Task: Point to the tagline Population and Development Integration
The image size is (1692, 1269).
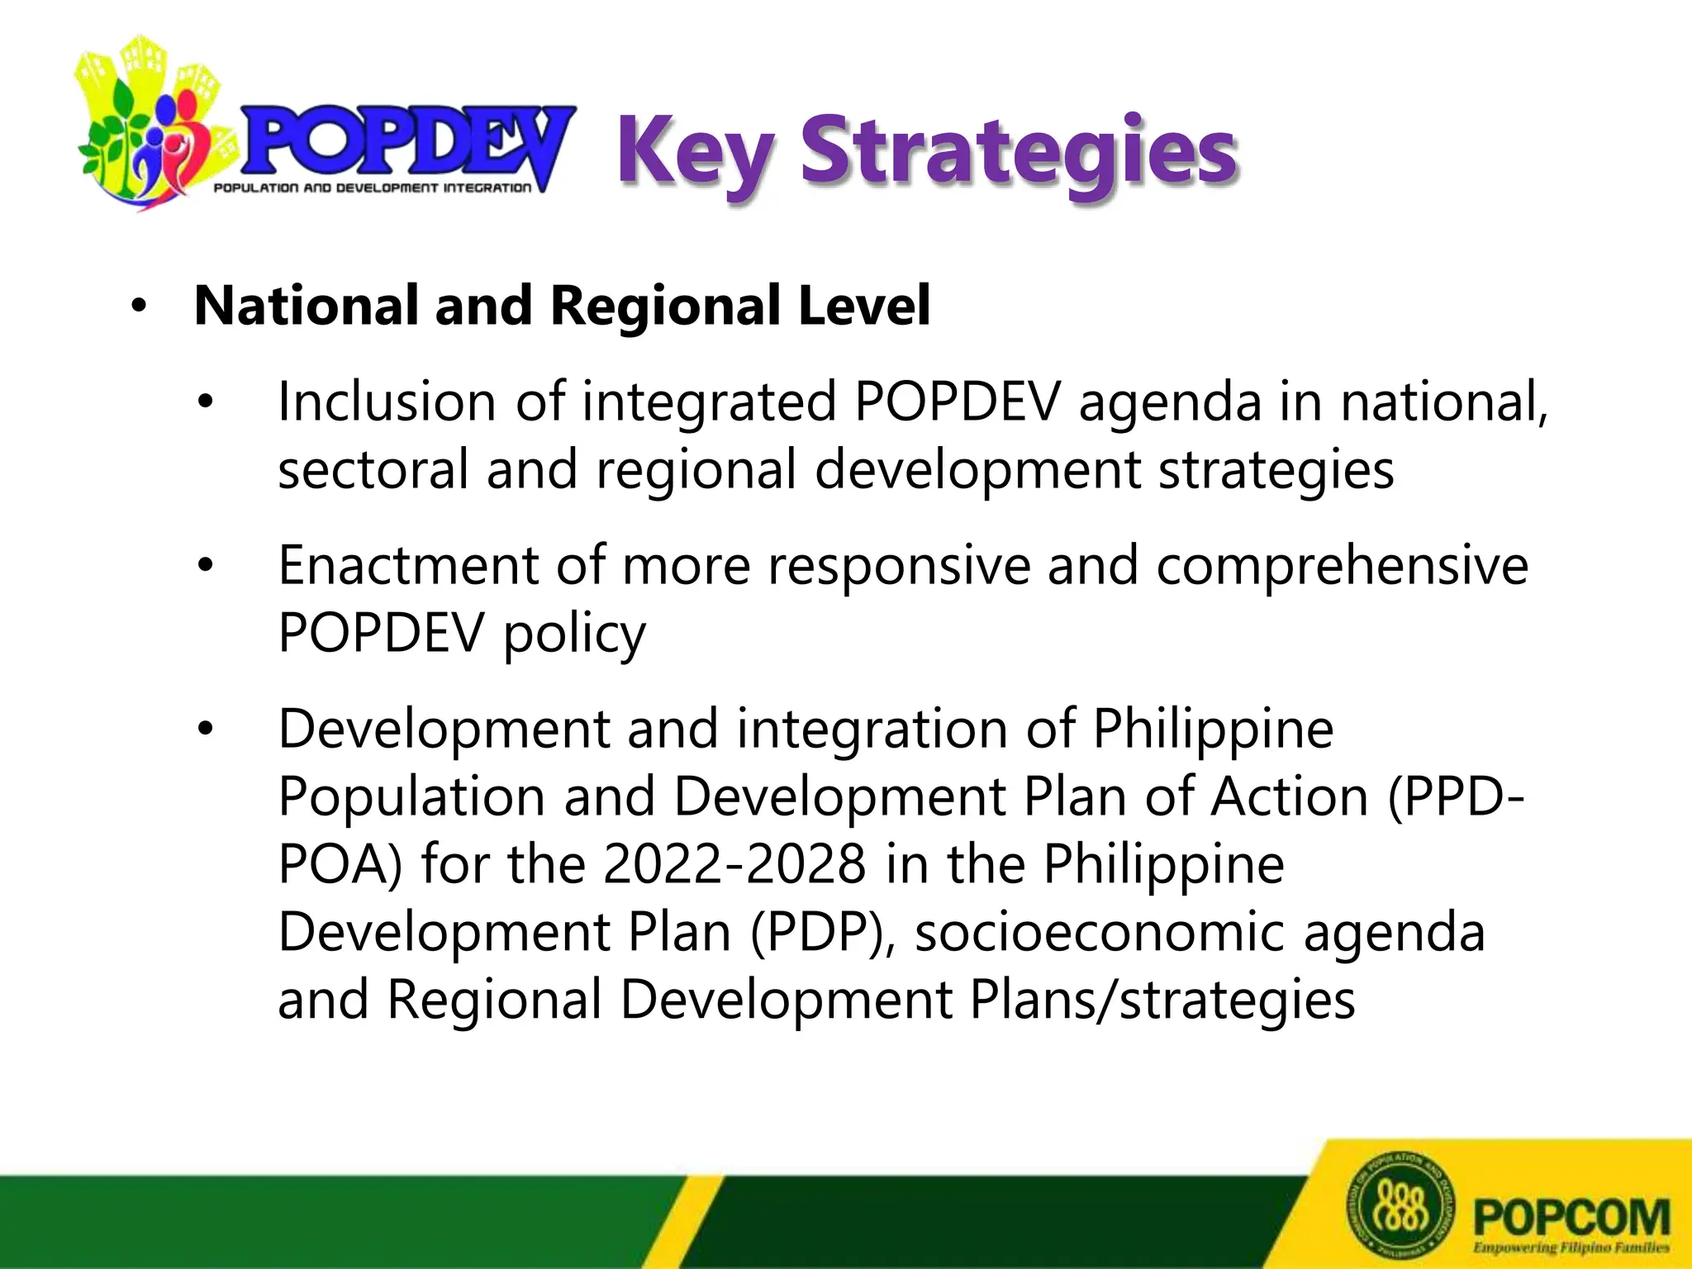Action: click(373, 188)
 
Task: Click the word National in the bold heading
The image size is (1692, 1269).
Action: click(305, 306)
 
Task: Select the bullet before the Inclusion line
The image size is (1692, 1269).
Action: click(205, 403)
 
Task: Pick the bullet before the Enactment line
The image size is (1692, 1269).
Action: click(205, 567)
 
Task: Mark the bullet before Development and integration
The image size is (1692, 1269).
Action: click(205, 730)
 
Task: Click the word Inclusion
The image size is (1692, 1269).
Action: click(387, 402)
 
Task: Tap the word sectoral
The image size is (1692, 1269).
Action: click(373, 469)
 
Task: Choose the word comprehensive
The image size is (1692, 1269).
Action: click(1342, 567)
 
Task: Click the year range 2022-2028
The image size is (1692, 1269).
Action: click(734, 865)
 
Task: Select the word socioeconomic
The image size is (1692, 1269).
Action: click(1100, 933)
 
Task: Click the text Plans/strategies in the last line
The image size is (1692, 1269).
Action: click(1162, 1000)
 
